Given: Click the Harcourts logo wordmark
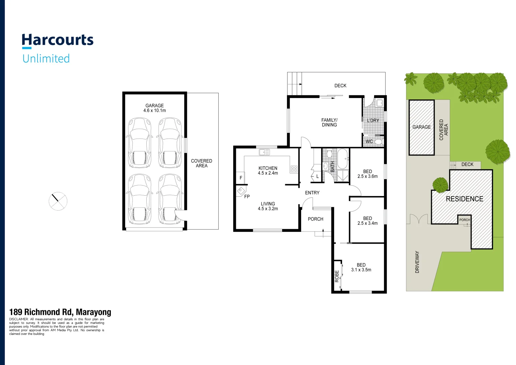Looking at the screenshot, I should [x=57, y=40].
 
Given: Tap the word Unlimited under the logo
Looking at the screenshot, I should [x=46, y=58].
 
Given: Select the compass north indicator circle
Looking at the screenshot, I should [x=58, y=201].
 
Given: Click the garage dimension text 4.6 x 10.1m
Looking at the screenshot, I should [x=154, y=111].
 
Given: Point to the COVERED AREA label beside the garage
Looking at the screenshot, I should [x=201, y=163].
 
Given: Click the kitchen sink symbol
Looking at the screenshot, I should [x=264, y=152].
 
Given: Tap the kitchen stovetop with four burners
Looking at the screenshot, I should [x=294, y=169].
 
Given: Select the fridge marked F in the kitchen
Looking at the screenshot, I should [x=241, y=177].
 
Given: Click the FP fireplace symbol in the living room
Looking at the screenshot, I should [x=241, y=191].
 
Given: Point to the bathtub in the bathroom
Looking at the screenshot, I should [x=342, y=159].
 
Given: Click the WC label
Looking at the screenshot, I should [x=369, y=142].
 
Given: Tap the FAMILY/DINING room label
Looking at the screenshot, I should [x=329, y=122].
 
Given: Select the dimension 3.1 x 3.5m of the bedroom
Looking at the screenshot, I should [x=361, y=270].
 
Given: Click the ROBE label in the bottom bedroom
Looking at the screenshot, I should [x=337, y=276].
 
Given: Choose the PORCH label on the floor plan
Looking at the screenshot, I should [x=315, y=219].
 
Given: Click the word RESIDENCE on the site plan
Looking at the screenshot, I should [x=464, y=199].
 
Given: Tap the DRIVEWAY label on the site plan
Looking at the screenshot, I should [x=417, y=262].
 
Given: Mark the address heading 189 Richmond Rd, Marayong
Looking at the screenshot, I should [x=60, y=312].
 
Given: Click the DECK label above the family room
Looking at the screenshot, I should [x=340, y=86].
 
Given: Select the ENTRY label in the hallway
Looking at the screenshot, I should [x=312, y=193].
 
